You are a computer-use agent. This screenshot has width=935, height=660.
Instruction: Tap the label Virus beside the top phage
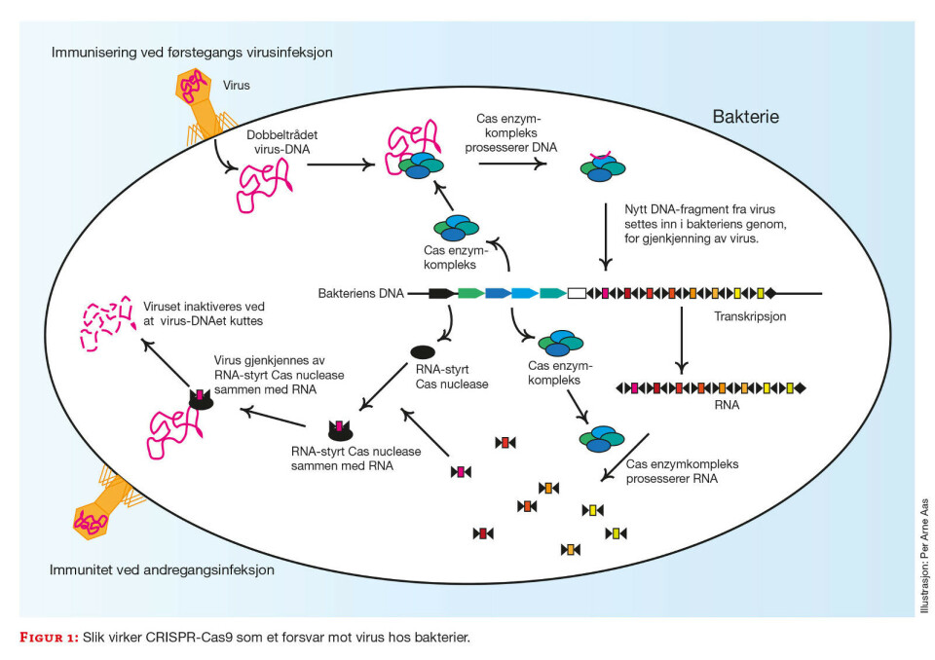tap(236, 86)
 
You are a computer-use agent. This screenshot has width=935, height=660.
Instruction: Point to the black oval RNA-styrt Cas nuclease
tap(422, 351)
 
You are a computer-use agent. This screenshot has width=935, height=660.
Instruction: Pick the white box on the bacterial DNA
tap(577, 292)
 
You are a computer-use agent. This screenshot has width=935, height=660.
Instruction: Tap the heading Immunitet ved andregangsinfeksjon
tap(163, 569)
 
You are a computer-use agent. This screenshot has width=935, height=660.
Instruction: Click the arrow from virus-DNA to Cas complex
tap(340, 165)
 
